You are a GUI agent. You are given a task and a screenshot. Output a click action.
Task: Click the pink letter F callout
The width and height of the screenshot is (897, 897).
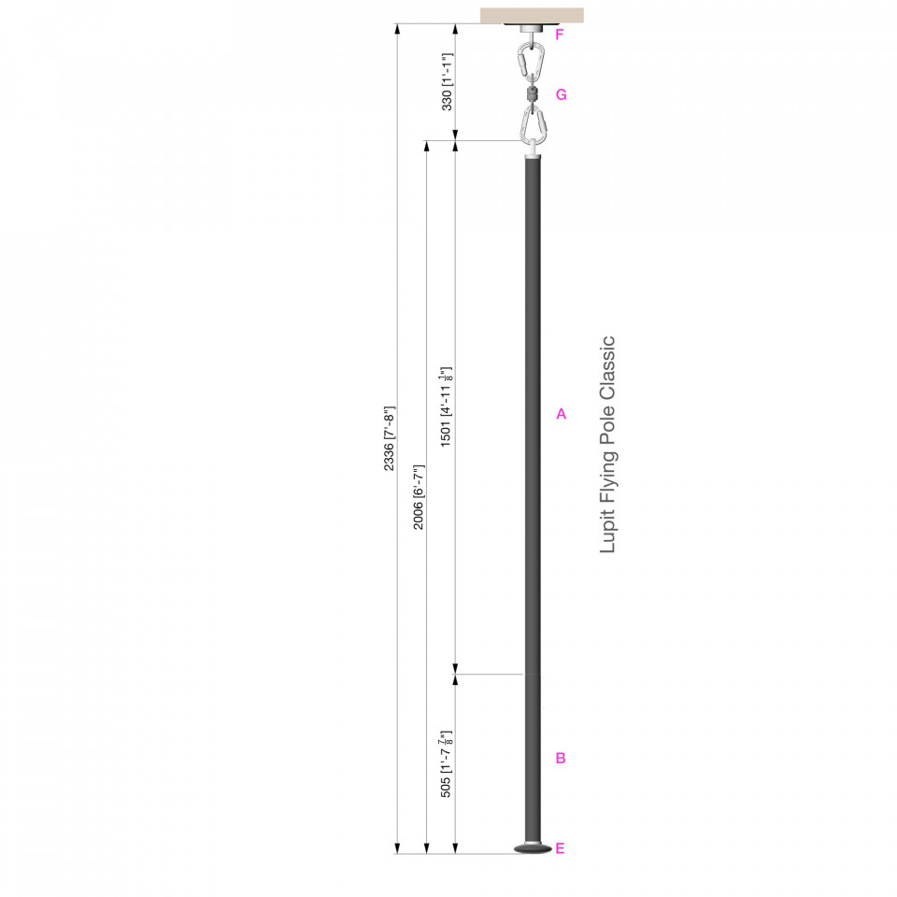click(560, 35)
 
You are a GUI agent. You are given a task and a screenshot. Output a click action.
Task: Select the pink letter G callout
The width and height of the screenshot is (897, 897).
click(562, 95)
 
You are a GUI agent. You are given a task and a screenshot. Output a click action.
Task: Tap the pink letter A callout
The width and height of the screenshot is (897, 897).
click(562, 414)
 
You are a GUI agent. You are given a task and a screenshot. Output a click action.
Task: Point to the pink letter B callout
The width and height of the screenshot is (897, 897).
click(561, 758)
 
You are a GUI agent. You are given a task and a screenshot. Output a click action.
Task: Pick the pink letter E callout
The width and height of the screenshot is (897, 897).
click(560, 848)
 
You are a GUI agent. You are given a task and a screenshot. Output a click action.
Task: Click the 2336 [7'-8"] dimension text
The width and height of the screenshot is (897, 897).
click(389, 439)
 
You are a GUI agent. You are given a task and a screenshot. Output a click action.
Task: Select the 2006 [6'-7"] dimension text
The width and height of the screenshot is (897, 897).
click(419, 497)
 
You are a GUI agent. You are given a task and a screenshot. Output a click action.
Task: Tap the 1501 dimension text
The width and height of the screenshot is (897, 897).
click(447, 406)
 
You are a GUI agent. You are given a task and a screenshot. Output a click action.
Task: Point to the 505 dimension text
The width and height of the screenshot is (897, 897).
click(447, 763)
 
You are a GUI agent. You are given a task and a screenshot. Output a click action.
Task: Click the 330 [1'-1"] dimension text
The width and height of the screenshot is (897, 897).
click(448, 82)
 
